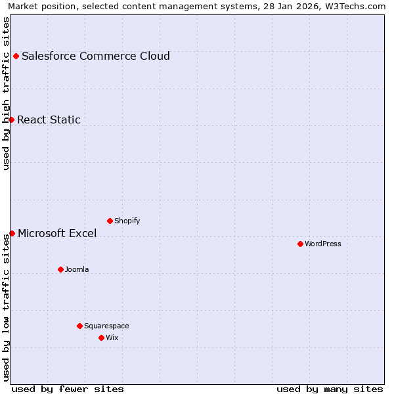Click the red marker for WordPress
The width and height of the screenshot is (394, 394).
coord(300,244)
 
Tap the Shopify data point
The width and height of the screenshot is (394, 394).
coord(110,221)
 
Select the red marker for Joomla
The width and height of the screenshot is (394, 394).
coord(60,269)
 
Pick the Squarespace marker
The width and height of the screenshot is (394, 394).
coord(79,326)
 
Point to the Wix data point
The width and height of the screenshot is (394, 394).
coord(101,338)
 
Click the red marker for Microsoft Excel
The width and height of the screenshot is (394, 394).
coord(12,233)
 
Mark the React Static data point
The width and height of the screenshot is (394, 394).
coord(11,120)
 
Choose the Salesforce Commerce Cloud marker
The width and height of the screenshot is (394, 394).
coord(16,56)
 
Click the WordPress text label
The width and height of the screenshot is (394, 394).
coord(323,244)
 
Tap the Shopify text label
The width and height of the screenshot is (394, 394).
coord(127,221)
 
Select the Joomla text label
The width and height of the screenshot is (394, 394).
coord(77,269)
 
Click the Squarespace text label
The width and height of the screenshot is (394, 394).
coord(106,326)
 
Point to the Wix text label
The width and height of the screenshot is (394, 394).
coord(112,338)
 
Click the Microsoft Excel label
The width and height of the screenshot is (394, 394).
coord(57,233)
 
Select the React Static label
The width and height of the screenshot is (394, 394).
coord(49,120)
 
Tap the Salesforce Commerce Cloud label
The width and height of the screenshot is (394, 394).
coord(96,56)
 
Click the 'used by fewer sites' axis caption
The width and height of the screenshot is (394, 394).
coord(68,389)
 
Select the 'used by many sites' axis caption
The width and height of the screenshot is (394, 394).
coord(330,389)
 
